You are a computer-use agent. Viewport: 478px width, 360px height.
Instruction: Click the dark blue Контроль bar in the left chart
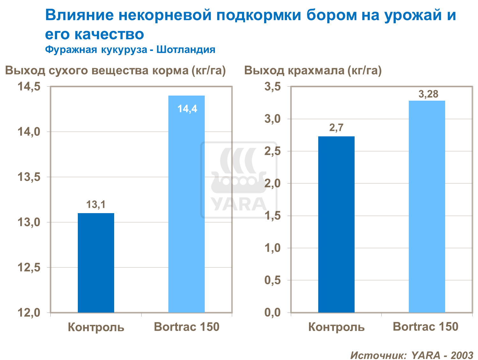click(96, 263)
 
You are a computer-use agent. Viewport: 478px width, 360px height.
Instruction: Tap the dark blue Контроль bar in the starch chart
click(336, 225)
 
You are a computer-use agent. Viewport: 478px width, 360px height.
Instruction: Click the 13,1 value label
click(96, 205)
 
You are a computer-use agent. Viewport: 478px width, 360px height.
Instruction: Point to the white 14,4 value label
click(187, 109)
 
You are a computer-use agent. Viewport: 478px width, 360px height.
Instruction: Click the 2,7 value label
click(336, 128)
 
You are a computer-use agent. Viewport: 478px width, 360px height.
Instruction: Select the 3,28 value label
click(428, 94)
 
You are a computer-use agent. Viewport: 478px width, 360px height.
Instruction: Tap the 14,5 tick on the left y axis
click(29, 87)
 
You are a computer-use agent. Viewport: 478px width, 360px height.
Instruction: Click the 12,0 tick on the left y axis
click(29, 313)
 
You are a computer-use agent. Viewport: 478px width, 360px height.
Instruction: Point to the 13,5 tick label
click(29, 177)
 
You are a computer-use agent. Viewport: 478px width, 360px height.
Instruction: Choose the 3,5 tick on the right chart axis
click(272, 87)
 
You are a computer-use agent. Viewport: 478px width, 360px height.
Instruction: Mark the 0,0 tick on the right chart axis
click(272, 313)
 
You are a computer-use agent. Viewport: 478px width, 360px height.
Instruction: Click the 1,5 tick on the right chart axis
click(272, 216)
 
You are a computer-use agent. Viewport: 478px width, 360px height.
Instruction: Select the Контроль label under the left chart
click(96, 327)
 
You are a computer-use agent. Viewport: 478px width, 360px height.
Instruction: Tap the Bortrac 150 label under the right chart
click(425, 327)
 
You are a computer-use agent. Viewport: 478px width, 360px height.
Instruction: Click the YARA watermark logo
click(239, 180)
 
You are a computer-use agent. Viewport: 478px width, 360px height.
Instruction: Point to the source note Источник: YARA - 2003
click(412, 355)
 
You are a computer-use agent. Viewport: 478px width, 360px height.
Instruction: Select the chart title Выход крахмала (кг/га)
click(313, 70)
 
